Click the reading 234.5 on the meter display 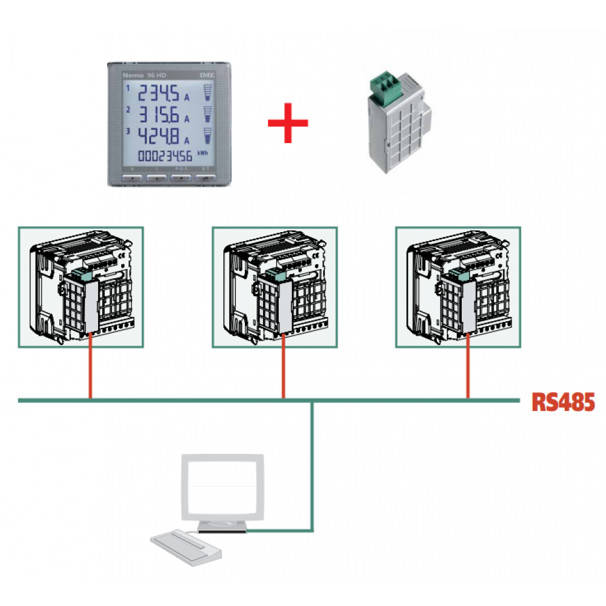coord(159,95)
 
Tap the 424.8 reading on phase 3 coord(159,135)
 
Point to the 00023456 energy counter coord(165,156)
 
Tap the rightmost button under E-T coord(205,179)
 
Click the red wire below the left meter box coord(90,370)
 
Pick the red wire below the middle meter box coord(283,370)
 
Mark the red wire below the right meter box coord(467,370)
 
